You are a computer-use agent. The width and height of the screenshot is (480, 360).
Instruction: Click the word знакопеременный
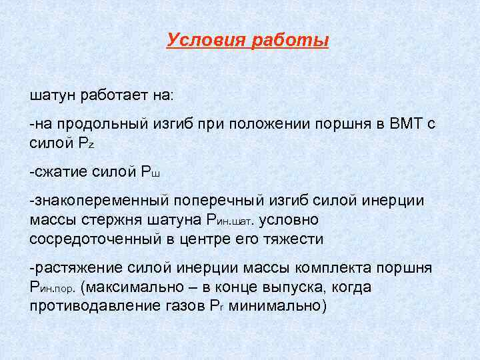click(x=99, y=201)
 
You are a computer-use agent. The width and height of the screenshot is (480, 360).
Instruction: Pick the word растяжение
click(x=69, y=268)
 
